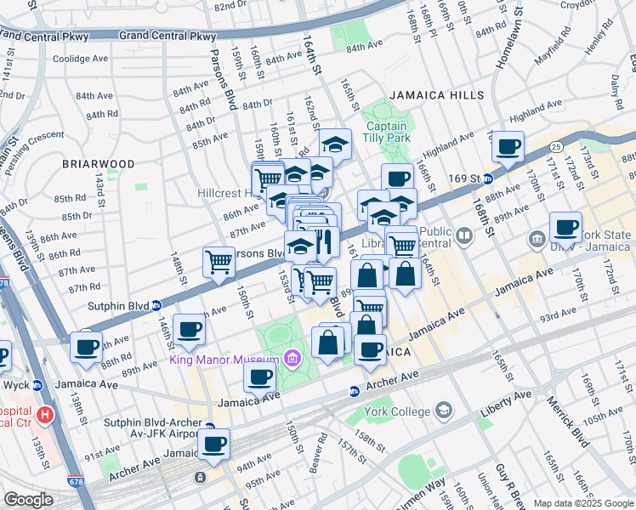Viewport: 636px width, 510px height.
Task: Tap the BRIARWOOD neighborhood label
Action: [98, 163]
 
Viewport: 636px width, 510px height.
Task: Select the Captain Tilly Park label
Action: [388, 131]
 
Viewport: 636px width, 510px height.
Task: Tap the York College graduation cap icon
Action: [442, 411]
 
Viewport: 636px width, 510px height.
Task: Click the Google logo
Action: [28, 500]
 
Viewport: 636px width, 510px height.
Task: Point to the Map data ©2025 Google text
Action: [582, 503]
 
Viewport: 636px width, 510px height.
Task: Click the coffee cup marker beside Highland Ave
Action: [508, 147]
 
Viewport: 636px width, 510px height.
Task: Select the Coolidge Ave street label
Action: [81, 59]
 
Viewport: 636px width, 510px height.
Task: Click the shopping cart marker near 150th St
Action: [219, 261]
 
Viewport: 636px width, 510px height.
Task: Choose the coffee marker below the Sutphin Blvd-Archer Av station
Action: [213, 443]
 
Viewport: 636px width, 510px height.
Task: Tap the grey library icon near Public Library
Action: [464, 235]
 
